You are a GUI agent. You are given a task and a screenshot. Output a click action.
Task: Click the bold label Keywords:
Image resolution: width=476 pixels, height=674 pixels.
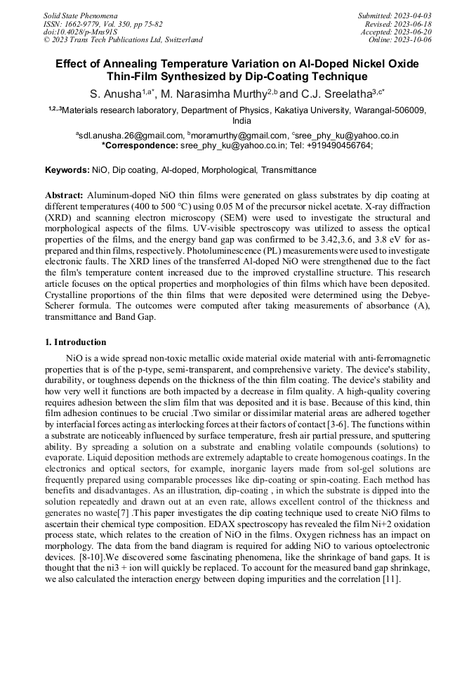(x=67, y=170)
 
